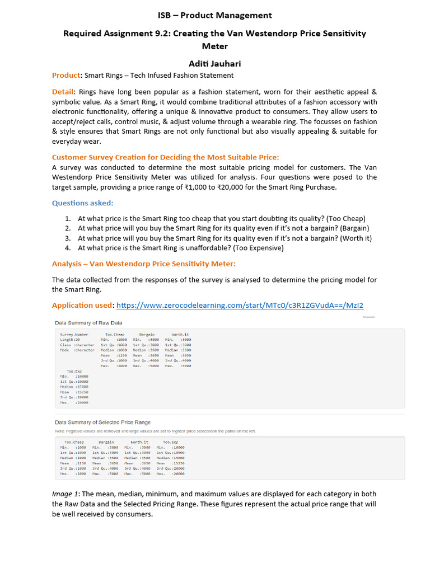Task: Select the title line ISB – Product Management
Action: (215, 15)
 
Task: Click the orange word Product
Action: (66, 76)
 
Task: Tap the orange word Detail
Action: (63, 92)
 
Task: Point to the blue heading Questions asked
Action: (82, 204)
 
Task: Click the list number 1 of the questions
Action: (67, 218)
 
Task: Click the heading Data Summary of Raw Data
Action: (88, 323)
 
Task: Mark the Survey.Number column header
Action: (74, 334)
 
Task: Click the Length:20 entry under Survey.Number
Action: (70, 339)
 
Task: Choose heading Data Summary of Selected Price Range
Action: (102, 422)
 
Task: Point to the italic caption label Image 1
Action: (66, 494)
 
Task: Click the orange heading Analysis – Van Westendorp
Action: (144, 264)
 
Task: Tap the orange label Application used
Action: (82, 306)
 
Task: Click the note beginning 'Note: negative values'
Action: (155, 431)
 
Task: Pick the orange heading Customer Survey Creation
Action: (165, 158)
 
